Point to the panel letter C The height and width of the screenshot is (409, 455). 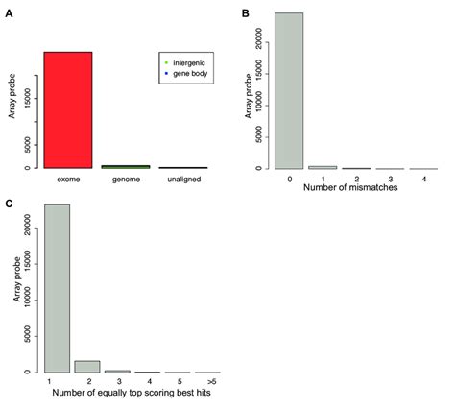click(x=9, y=204)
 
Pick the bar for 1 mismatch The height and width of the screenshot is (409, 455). click(x=323, y=167)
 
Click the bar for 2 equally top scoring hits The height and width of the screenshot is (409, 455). click(x=87, y=366)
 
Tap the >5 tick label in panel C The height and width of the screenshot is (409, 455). click(x=206, y=383)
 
